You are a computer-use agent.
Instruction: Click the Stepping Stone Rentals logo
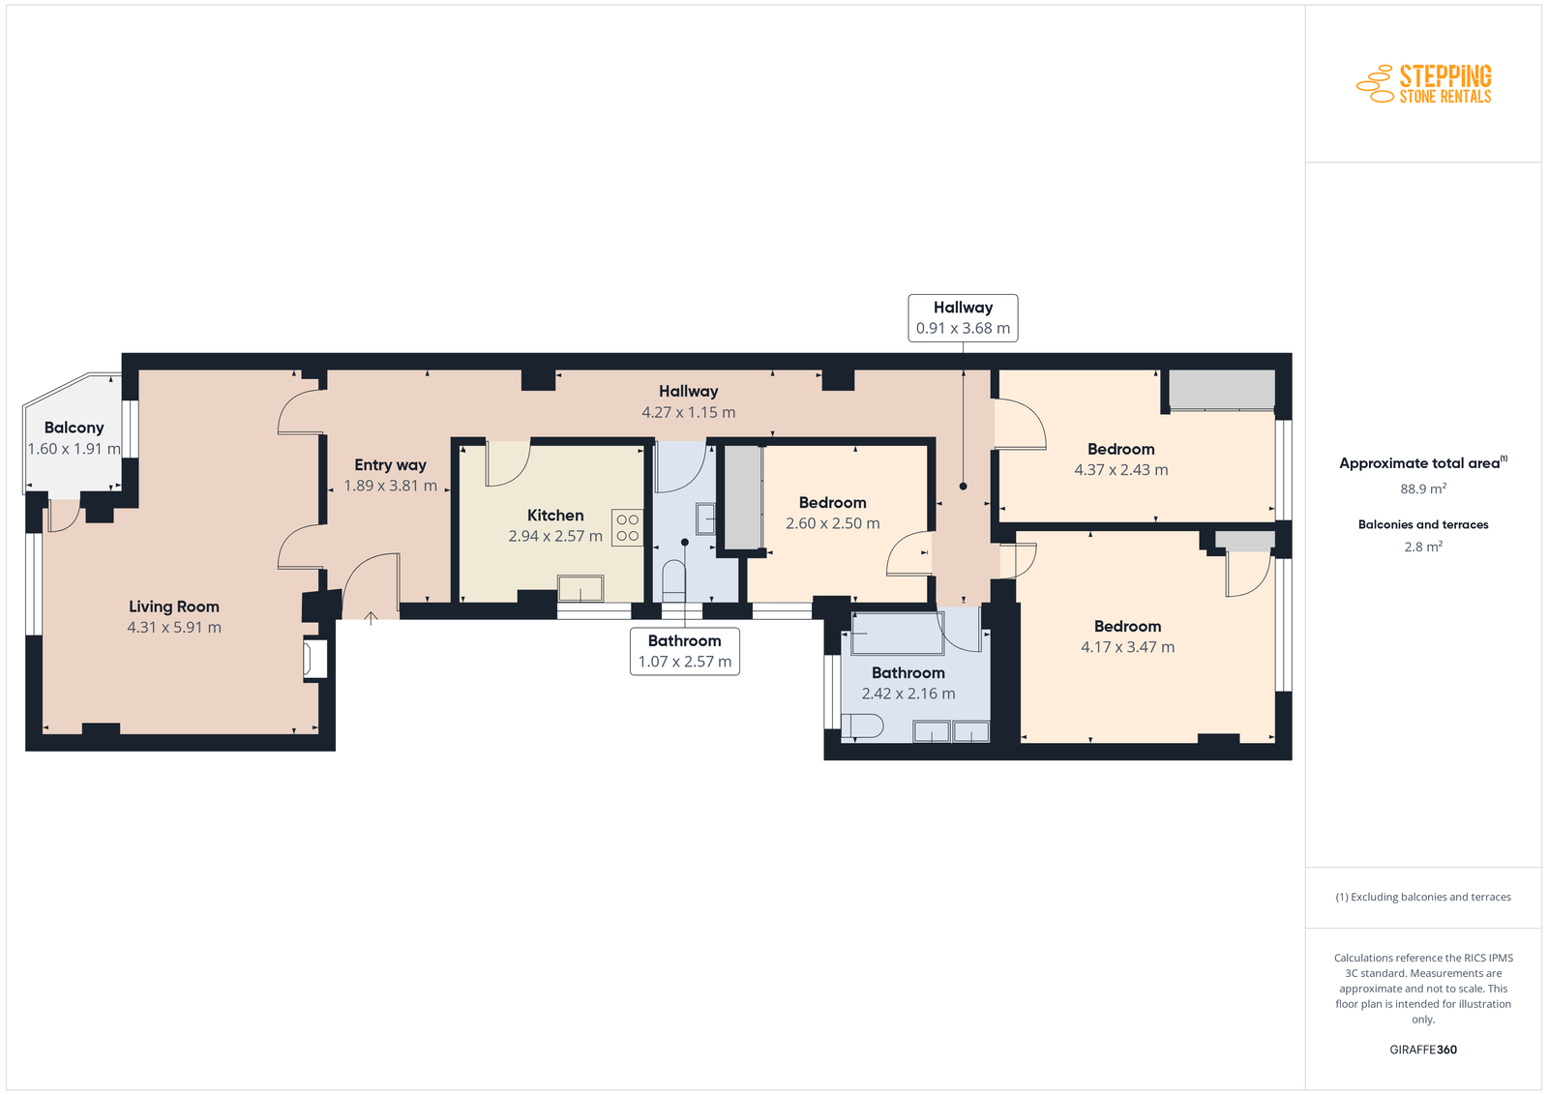(x=1423, y=83)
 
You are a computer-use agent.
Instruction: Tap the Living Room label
(x=173, y=607)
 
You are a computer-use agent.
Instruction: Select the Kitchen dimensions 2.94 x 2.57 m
(x=555, y=536)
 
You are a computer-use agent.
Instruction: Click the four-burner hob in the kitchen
(x=628, y=528)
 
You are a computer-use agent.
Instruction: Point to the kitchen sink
(x=580, y=588)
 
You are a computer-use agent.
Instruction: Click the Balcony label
(x=74, y=428)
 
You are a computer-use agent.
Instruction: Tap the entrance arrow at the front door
(x=372, y=617)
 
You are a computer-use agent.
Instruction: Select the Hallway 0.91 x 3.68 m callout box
(x=963, y=318)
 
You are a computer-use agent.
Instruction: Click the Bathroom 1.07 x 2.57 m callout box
(x=684, y=651)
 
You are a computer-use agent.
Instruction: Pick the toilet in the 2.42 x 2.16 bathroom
(x=862, y=726)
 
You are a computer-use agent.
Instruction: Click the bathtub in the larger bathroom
(x=896, y=633)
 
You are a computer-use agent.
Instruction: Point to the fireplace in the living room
(x=315, y=659)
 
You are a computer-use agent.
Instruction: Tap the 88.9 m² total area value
(x=1423, y=488)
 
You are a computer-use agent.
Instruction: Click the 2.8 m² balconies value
(x=1423, y=547)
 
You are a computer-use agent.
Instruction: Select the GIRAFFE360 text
(x=1423, y=1050)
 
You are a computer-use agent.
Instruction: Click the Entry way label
(x=391, y=465)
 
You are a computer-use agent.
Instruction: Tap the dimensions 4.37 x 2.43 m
(x=1121, y=470)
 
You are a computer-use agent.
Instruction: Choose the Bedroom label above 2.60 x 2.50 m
(x=832, y=502)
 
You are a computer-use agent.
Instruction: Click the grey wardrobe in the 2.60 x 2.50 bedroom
(x=743, y=497)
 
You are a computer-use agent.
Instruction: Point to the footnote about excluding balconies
(x=1423, y=897)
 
